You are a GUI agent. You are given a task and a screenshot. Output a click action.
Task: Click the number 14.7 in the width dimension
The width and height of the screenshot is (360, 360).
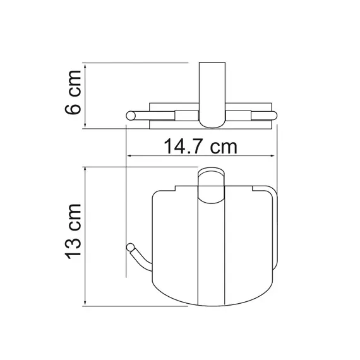point(184,148)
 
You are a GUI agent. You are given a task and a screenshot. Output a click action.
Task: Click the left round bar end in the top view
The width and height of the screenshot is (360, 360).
point(131,115)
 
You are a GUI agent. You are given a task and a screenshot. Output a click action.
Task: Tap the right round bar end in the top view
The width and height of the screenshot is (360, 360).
point(273,115)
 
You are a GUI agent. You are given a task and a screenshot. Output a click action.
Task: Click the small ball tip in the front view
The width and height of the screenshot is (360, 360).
point(131,246)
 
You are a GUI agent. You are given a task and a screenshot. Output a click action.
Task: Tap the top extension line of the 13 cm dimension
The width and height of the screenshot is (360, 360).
point(139,167)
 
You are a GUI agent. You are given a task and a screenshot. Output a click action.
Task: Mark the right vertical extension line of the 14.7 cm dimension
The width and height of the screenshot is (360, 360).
point(277,142)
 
